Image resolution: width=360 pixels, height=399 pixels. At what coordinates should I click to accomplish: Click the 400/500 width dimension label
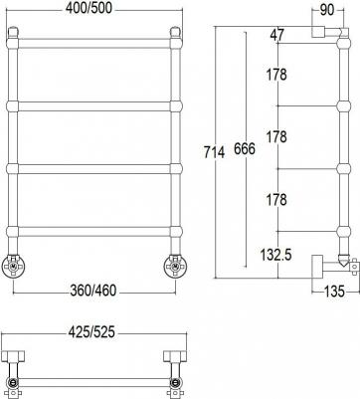[x=89, y=9]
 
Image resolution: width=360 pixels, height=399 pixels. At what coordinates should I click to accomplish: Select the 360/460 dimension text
[x=93, y=291]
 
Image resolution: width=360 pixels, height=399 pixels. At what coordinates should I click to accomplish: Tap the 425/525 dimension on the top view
[x=91, y=332]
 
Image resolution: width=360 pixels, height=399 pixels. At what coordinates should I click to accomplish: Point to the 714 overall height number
[x=214, y=152]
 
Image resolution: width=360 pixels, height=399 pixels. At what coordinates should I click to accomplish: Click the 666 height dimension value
[x=245, y=149]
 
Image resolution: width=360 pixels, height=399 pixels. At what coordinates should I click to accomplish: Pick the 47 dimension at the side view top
[x=277, y=35]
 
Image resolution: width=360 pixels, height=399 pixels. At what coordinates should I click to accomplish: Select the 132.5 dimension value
[x=275, y=255]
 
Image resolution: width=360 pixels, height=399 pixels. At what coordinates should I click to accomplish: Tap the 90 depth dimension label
[x=327, y=10]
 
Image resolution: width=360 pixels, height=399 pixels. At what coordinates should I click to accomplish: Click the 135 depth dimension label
[x=334, y=292]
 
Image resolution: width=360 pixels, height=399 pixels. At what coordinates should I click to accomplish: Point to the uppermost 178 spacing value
[x=276, y=75]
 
